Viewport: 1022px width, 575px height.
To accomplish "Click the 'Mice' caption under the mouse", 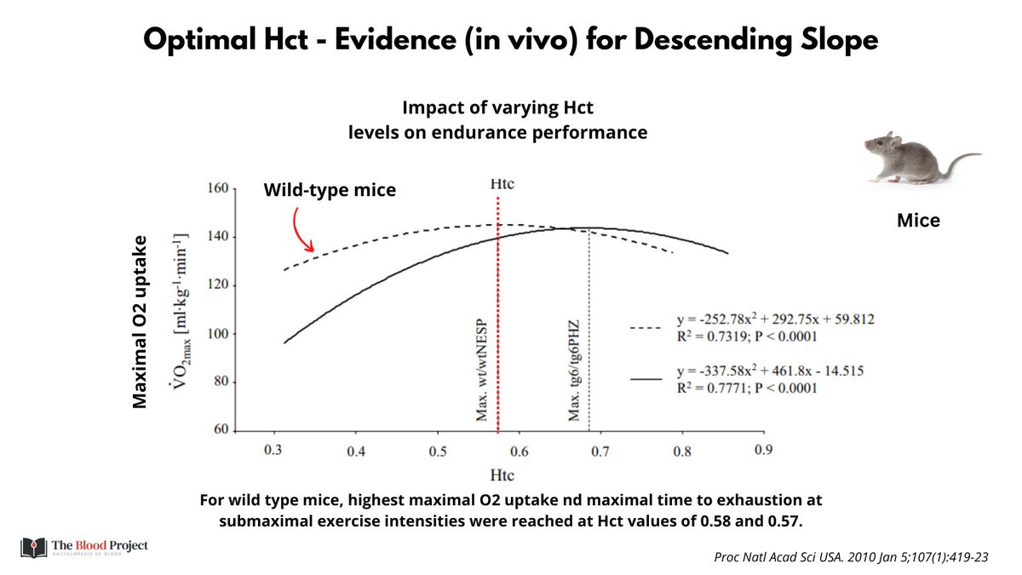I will (x=918, y=221).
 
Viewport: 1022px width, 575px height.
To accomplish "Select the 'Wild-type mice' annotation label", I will (x=330, y=190).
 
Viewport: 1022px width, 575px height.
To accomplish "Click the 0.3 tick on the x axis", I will (x=273, y=449).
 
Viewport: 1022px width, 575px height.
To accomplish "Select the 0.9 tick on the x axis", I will (x=762, y=449).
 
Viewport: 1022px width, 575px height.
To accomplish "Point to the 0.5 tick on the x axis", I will (x=437, y=449).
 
